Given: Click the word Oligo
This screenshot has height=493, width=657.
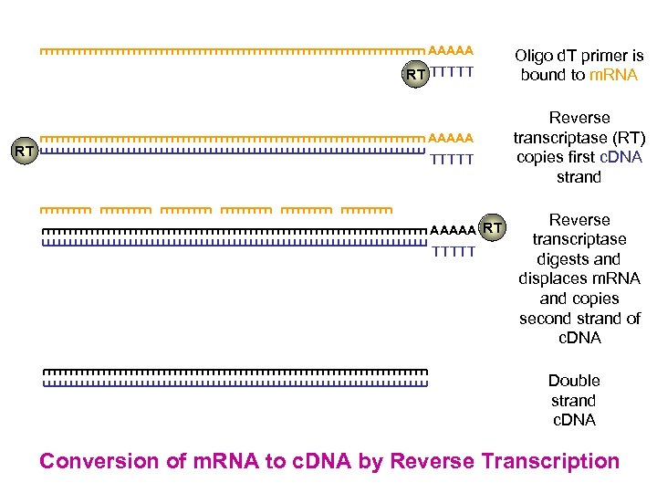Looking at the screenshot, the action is [534, 57].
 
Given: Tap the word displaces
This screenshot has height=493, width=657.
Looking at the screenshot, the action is [552, 278].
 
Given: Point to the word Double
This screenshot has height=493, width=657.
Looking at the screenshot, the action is [574, 381].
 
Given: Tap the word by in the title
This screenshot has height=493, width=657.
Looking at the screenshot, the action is [371, 461].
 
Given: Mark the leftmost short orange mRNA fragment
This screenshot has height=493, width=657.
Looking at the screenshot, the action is [65, 211].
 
